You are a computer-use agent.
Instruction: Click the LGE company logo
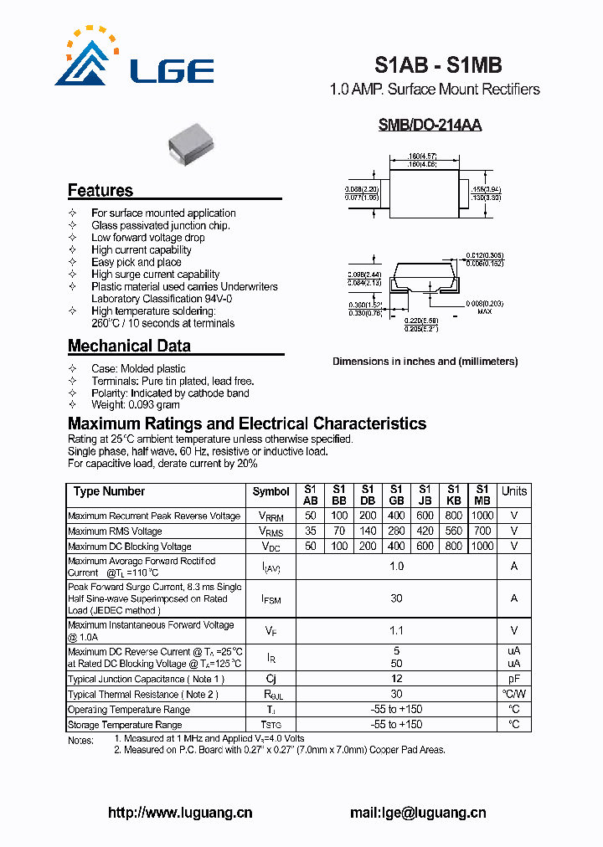pyautogui.click(x=134, y=59)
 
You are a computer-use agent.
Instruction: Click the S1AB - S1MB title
pyautogui.click(x=437, y=64)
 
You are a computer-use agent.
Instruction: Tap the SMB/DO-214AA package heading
pyautogui.click(x=430, y=126)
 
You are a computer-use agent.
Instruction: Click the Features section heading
pyautogui.click(x=100, y=190)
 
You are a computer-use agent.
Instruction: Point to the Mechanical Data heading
pyautogui.click(x=129, y=346)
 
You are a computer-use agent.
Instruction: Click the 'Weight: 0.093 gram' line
pyautogui.click(x=135, y=405)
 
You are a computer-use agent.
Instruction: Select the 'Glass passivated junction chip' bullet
pyautogui.click(x=160, y=225)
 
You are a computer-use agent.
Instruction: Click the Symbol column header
pyautogui.click(x=271, y=492)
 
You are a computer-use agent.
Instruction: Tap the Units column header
pyautogui.click(x=514, y=491)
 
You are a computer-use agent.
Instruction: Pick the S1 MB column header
pyautogui.click(x=482, y=494)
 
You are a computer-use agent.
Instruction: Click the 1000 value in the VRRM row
pyautogui.click(x=482, y=516)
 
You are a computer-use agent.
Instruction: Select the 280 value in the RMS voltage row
pyautogui.click(x=396, y=531)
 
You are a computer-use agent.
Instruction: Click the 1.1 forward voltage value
pyautogui.click(x=396, y=631)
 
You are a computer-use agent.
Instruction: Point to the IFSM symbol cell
pyautogui.click(x=271, y=599)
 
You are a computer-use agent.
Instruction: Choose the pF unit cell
pyautogui.click(x=514, y=679)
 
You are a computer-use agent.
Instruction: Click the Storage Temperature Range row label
pyautogui.click(x=125, y=725)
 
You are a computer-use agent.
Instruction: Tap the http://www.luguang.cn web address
pyautogui.click(x=180, y=813)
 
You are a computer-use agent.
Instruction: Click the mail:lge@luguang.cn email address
pyautogui.click(x=417, y=813)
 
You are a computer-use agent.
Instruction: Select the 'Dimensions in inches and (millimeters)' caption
pyautogui.click(x=425, y=362)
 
